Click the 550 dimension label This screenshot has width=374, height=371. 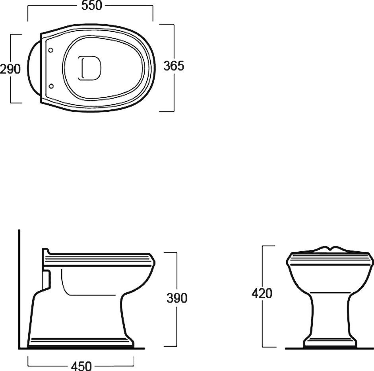coord(91,6)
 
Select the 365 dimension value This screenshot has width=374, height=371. coord(174,66)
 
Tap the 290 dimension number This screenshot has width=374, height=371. coord(10,69)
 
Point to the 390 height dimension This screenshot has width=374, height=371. coord(177,298)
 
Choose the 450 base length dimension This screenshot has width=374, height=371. coord(81,366)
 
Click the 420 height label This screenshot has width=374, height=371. coord(262,293)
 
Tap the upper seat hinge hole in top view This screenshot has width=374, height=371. coord(50,50)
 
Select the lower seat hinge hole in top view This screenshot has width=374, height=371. coord(51,86)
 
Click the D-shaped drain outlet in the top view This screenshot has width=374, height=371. coord(90,68)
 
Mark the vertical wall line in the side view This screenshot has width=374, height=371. coord(19,289)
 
